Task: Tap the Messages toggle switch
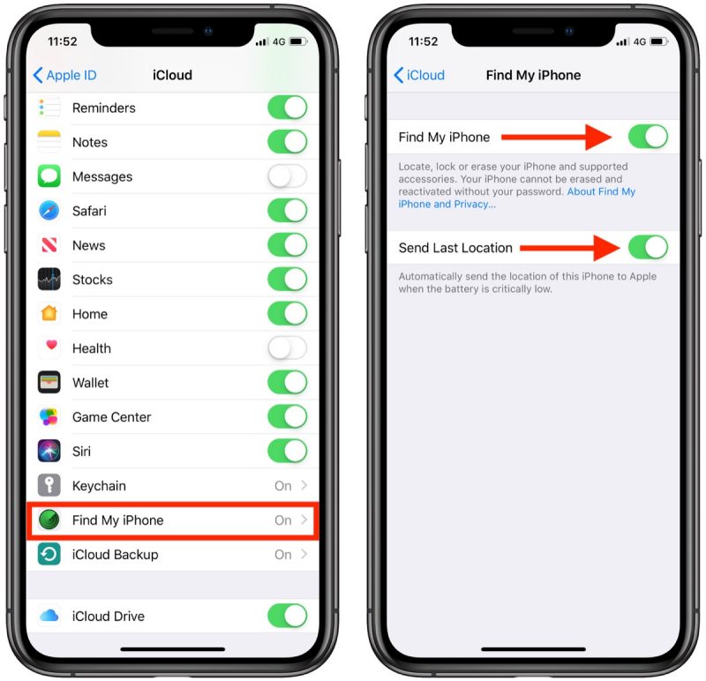tap(287, 176)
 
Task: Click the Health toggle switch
tap(287, 348)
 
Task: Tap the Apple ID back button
tap(64, 75)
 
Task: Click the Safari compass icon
tap(49, 211)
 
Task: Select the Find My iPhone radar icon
tap(49, 520)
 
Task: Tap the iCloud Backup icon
tap(49, 555)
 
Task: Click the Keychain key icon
tap(49, 486)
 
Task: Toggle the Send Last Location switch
tap(648, 248)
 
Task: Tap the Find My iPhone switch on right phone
tap(648, 137)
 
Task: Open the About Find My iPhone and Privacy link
tap(516, 198)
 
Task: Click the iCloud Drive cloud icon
tap(49, 616)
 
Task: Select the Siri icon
tap(49, 452)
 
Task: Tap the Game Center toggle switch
tap(287, 417)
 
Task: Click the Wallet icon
tap(49, 383)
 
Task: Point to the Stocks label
tap(93, 280)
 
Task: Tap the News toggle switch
tap(287, 245)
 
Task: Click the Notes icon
tap(49, 142)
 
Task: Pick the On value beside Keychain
tap(282, 486)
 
